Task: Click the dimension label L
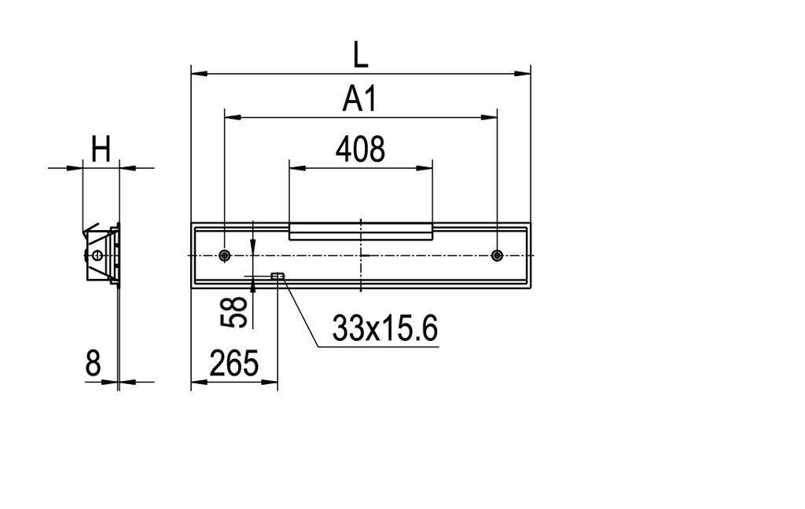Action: (360, 55)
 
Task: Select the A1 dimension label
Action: (360, 100)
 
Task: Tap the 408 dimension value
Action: (360, 148)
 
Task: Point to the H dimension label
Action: (101, 149)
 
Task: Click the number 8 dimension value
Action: (94, 364)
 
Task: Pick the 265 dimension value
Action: (234, 364)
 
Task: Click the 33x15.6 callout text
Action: (384, 329)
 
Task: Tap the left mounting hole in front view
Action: (225, 255)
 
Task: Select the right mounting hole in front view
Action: (496, 255)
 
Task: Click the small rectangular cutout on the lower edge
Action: (277, 276)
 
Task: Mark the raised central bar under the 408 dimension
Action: (360, 231)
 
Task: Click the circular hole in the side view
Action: (97, 255)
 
